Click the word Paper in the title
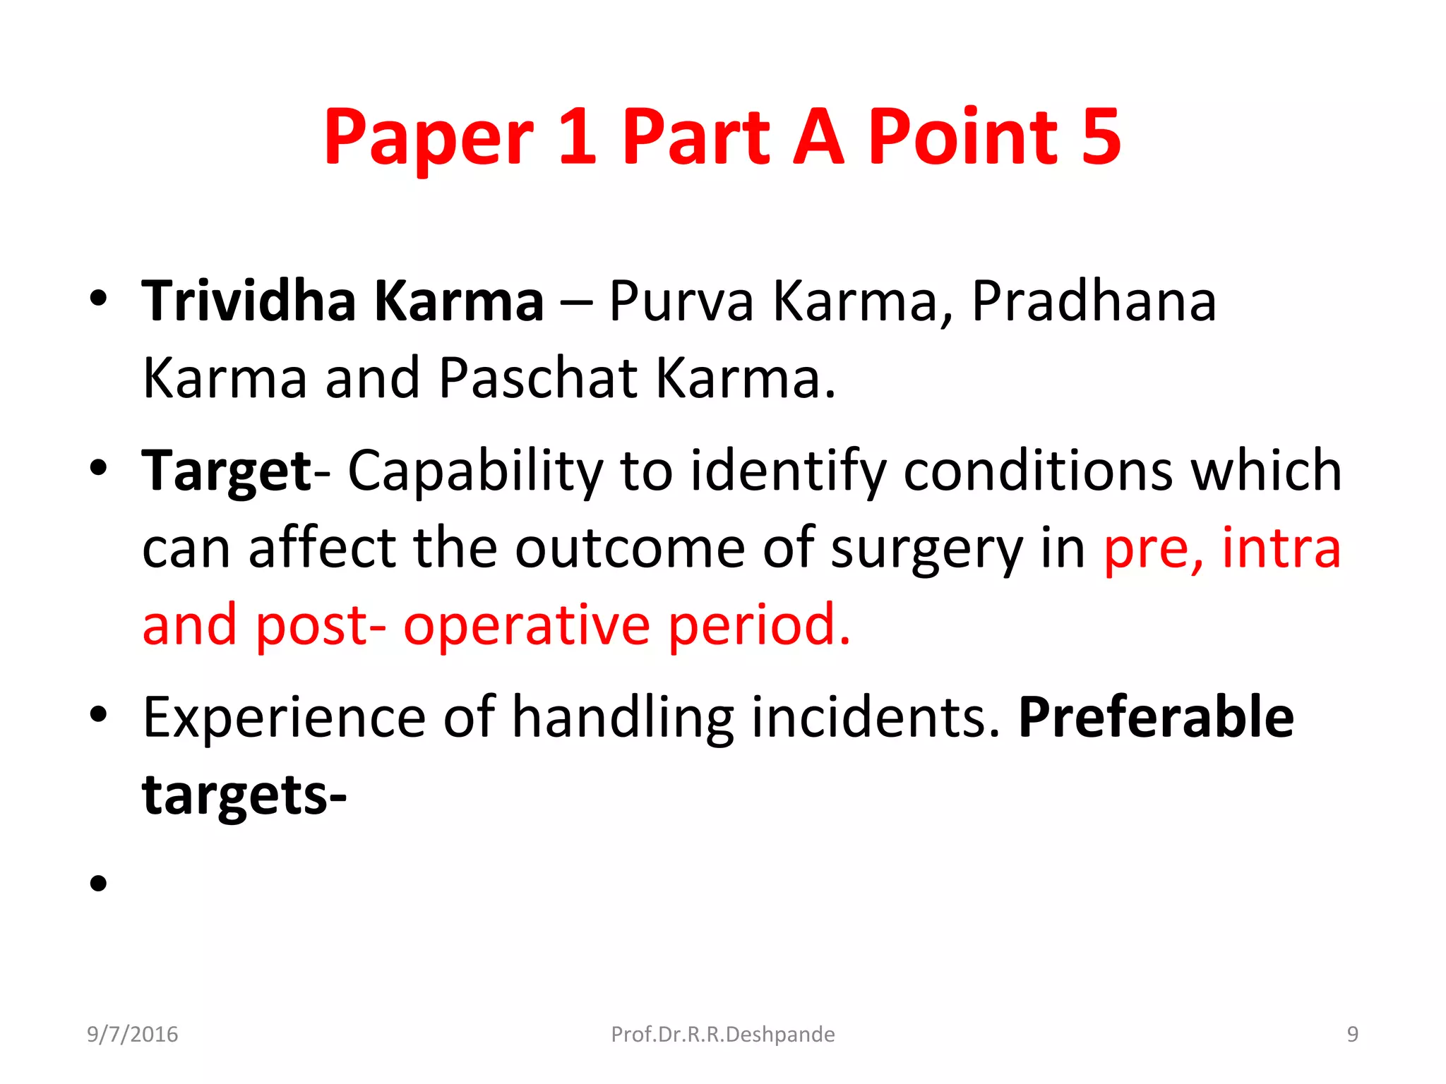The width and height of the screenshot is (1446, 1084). point(428,138)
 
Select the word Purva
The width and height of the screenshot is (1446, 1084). point(681,302)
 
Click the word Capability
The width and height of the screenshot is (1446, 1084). point(475,471)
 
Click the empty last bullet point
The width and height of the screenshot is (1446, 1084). point(98,883)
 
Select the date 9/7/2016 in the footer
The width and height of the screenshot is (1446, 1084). point(132,1034)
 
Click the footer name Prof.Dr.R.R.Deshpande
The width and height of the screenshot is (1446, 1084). point(722,1034)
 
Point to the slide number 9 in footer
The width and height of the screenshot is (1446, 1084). point(1352,1034)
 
